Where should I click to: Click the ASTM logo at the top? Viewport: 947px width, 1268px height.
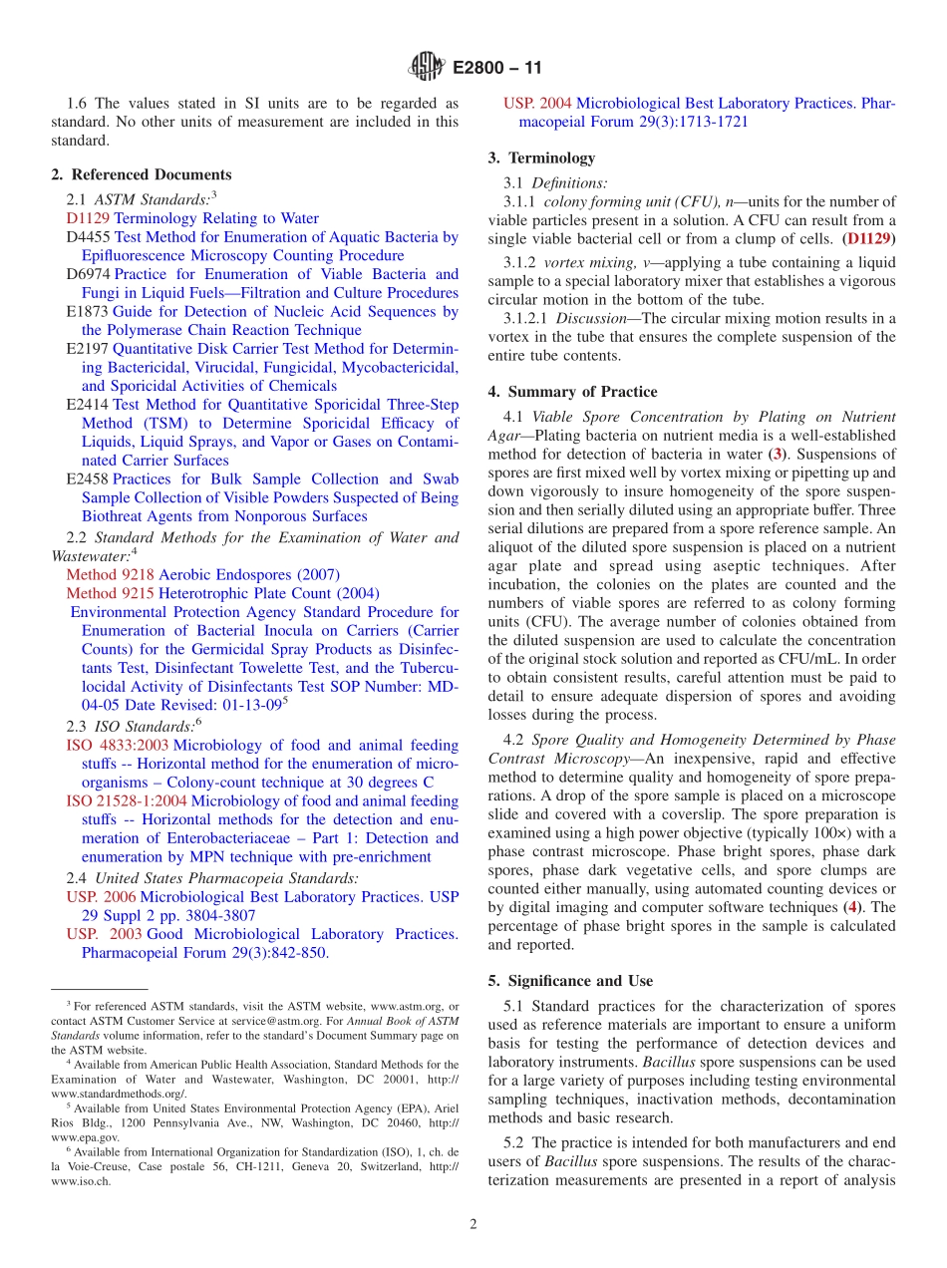(427, 68)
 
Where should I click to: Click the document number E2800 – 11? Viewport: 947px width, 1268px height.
(497, 69)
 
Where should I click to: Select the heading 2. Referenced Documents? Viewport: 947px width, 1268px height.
(141, 174)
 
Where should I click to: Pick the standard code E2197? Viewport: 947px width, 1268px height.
(88, 349)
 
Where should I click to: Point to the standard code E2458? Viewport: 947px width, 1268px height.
(88, 479)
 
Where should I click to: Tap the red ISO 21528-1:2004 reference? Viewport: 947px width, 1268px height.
(127, 801)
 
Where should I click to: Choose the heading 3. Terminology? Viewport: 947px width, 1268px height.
(541, 158)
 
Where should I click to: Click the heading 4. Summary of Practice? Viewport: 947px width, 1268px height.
(572, 392)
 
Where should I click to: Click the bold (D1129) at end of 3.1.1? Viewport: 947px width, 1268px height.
(868, 239)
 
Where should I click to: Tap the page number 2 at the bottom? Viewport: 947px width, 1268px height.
(473, 1224)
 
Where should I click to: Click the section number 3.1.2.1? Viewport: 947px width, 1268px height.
(526, 319)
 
